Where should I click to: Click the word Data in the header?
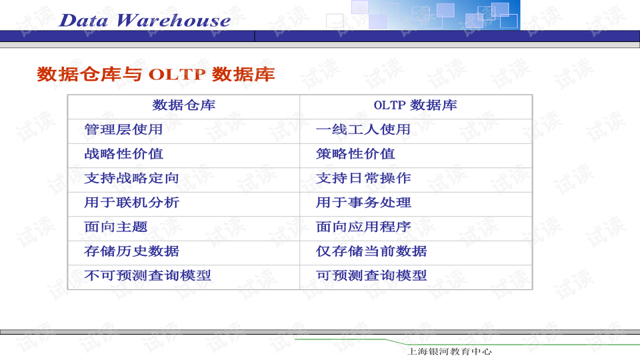(x=84, y=20)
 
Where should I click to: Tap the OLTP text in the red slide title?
(x=177, y=74)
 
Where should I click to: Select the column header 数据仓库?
(x=183, y=105)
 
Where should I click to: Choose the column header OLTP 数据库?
(x=415, y=105)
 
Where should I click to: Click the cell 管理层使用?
(x=123, y=129)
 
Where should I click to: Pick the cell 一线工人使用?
(x=363, y=129)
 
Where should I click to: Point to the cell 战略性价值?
(x=123, y=154)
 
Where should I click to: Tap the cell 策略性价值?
(x=355, y=154)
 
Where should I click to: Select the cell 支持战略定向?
(x=131, y=178)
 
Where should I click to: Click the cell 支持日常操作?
(x=363, y=178)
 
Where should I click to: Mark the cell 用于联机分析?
(x=131, y=203)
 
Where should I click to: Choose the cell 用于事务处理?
(x=363, y=203)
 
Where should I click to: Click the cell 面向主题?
(x=115, y=227)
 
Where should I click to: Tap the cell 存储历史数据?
(x=131, y=251)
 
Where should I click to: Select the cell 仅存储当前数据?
(x=371, y=251)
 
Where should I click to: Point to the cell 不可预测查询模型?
(x=147, y=275)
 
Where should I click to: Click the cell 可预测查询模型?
(x=371, y=275)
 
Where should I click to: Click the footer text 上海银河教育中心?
(x=449, y=351)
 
